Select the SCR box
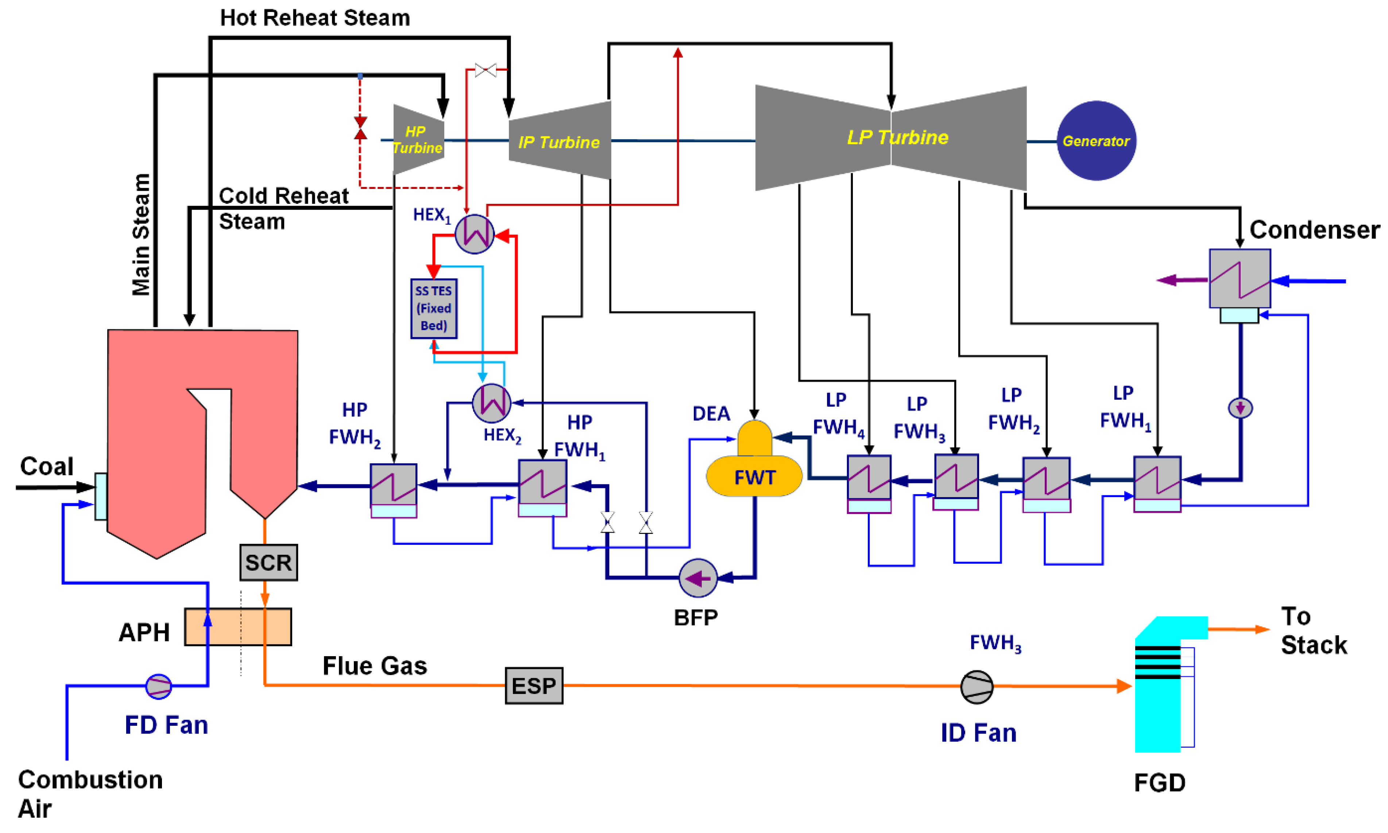[268, 562]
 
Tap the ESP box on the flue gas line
[534, 685]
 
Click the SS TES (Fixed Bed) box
[433, 308]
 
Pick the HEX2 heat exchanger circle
[492, 403]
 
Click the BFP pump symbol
[698, 578]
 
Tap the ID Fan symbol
[977, 686]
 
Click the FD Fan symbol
[158, 686]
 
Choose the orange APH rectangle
[237, 627]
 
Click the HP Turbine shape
[418, 140]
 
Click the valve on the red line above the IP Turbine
[486, 70]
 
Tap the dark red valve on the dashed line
[360, 128]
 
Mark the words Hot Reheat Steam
[315, 18]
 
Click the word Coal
[47, 466]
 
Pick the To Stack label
[1313, 630]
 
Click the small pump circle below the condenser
[1240, 407]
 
